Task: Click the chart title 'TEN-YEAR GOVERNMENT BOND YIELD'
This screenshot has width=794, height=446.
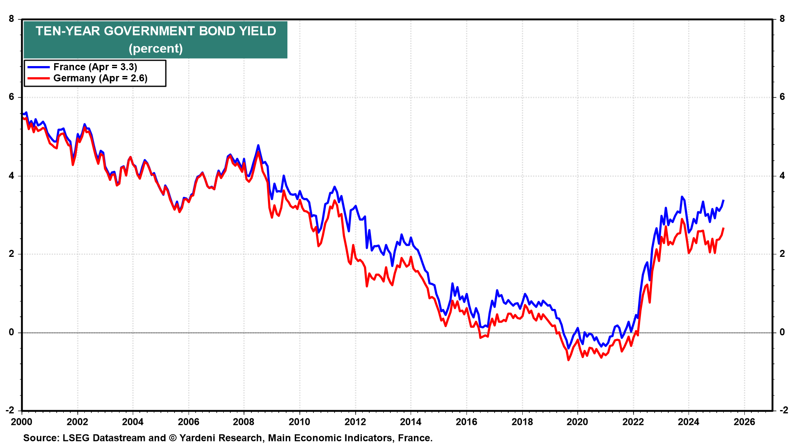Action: click(155, 31)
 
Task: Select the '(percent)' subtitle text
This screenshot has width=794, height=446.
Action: click(155, 49)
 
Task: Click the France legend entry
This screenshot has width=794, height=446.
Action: click(95, 67)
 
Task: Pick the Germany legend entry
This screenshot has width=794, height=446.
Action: click(100, 78)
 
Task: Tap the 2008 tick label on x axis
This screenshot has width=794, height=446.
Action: click(244, 422)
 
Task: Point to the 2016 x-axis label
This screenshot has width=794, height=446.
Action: click(466, 422)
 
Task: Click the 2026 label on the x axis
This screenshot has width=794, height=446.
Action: click(744, 422)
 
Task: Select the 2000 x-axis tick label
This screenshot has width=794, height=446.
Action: click(22, 422)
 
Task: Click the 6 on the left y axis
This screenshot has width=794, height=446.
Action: click(12, 97)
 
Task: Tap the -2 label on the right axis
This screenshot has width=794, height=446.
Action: click(783, 410)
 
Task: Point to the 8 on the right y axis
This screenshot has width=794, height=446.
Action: click(782, 19)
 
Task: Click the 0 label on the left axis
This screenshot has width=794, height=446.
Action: click(12, 332)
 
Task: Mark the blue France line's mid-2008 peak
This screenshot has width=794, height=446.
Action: click(258, 145)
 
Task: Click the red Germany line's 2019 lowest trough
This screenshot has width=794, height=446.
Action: click(568, 360)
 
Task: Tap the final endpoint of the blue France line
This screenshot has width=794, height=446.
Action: click(723, 200)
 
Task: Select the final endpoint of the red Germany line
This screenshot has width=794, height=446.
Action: click(723, 228)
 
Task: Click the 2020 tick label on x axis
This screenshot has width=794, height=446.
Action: click(577, 422)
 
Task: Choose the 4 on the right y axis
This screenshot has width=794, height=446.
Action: click(782, 176)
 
